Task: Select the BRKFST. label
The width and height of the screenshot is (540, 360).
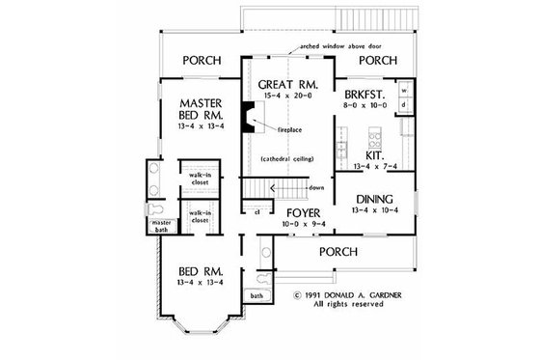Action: click(x=364, y=96)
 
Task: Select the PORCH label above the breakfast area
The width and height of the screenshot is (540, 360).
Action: click(x=378, y=60)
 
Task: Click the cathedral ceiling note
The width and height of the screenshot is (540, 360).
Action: click(x=286, y=158)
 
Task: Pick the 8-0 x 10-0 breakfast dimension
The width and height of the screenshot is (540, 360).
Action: click(x=364, y=108)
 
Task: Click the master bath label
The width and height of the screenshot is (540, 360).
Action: click(x=159, y=226)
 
